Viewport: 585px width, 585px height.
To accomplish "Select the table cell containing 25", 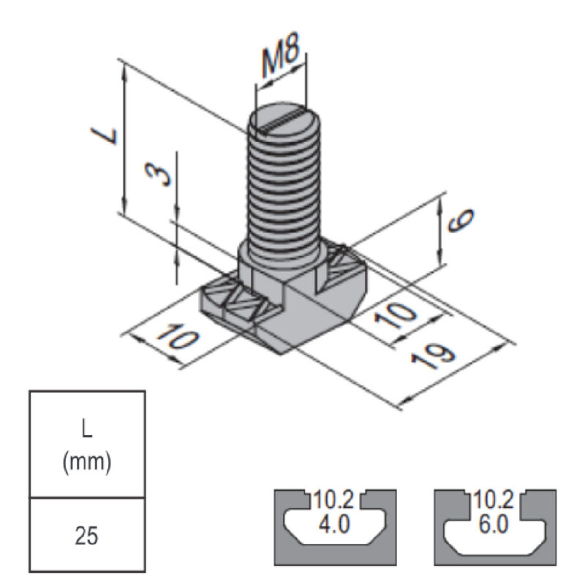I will [x=86, y=537].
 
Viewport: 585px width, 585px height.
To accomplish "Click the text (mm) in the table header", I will [x=86, y=462].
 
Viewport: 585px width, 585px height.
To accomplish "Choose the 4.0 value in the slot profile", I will [x=333, y=525].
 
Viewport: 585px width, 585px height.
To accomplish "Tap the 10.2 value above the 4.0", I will [x=333, y=501].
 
